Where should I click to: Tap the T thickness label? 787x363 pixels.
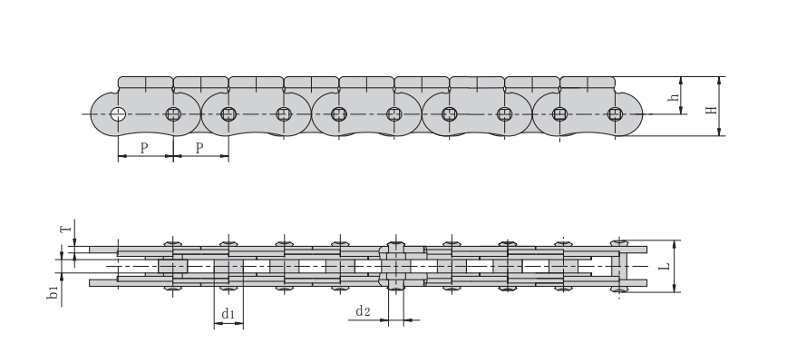[x=63, y=229]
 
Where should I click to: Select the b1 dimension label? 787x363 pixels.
[x=53, y=292]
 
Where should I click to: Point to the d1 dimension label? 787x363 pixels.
[x=228, y=315]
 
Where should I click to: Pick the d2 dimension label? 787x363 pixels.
[x=363, y=311]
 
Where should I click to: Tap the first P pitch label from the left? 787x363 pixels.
[x=144, y=147]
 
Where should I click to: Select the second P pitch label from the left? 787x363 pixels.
[x=199, y=147]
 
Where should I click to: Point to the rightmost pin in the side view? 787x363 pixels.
[x=616, y=113]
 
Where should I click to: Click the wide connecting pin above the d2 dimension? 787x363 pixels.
[x=395, y=267]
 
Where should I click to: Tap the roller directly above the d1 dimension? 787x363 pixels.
[x=228, y=267]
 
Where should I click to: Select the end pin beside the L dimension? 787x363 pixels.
[x=621, y=267]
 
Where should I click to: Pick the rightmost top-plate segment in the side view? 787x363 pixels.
[x=588, y=83]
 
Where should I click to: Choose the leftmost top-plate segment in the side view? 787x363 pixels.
[x=145, y=83]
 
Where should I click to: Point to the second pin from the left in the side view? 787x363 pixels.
[x=174, y=113]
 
